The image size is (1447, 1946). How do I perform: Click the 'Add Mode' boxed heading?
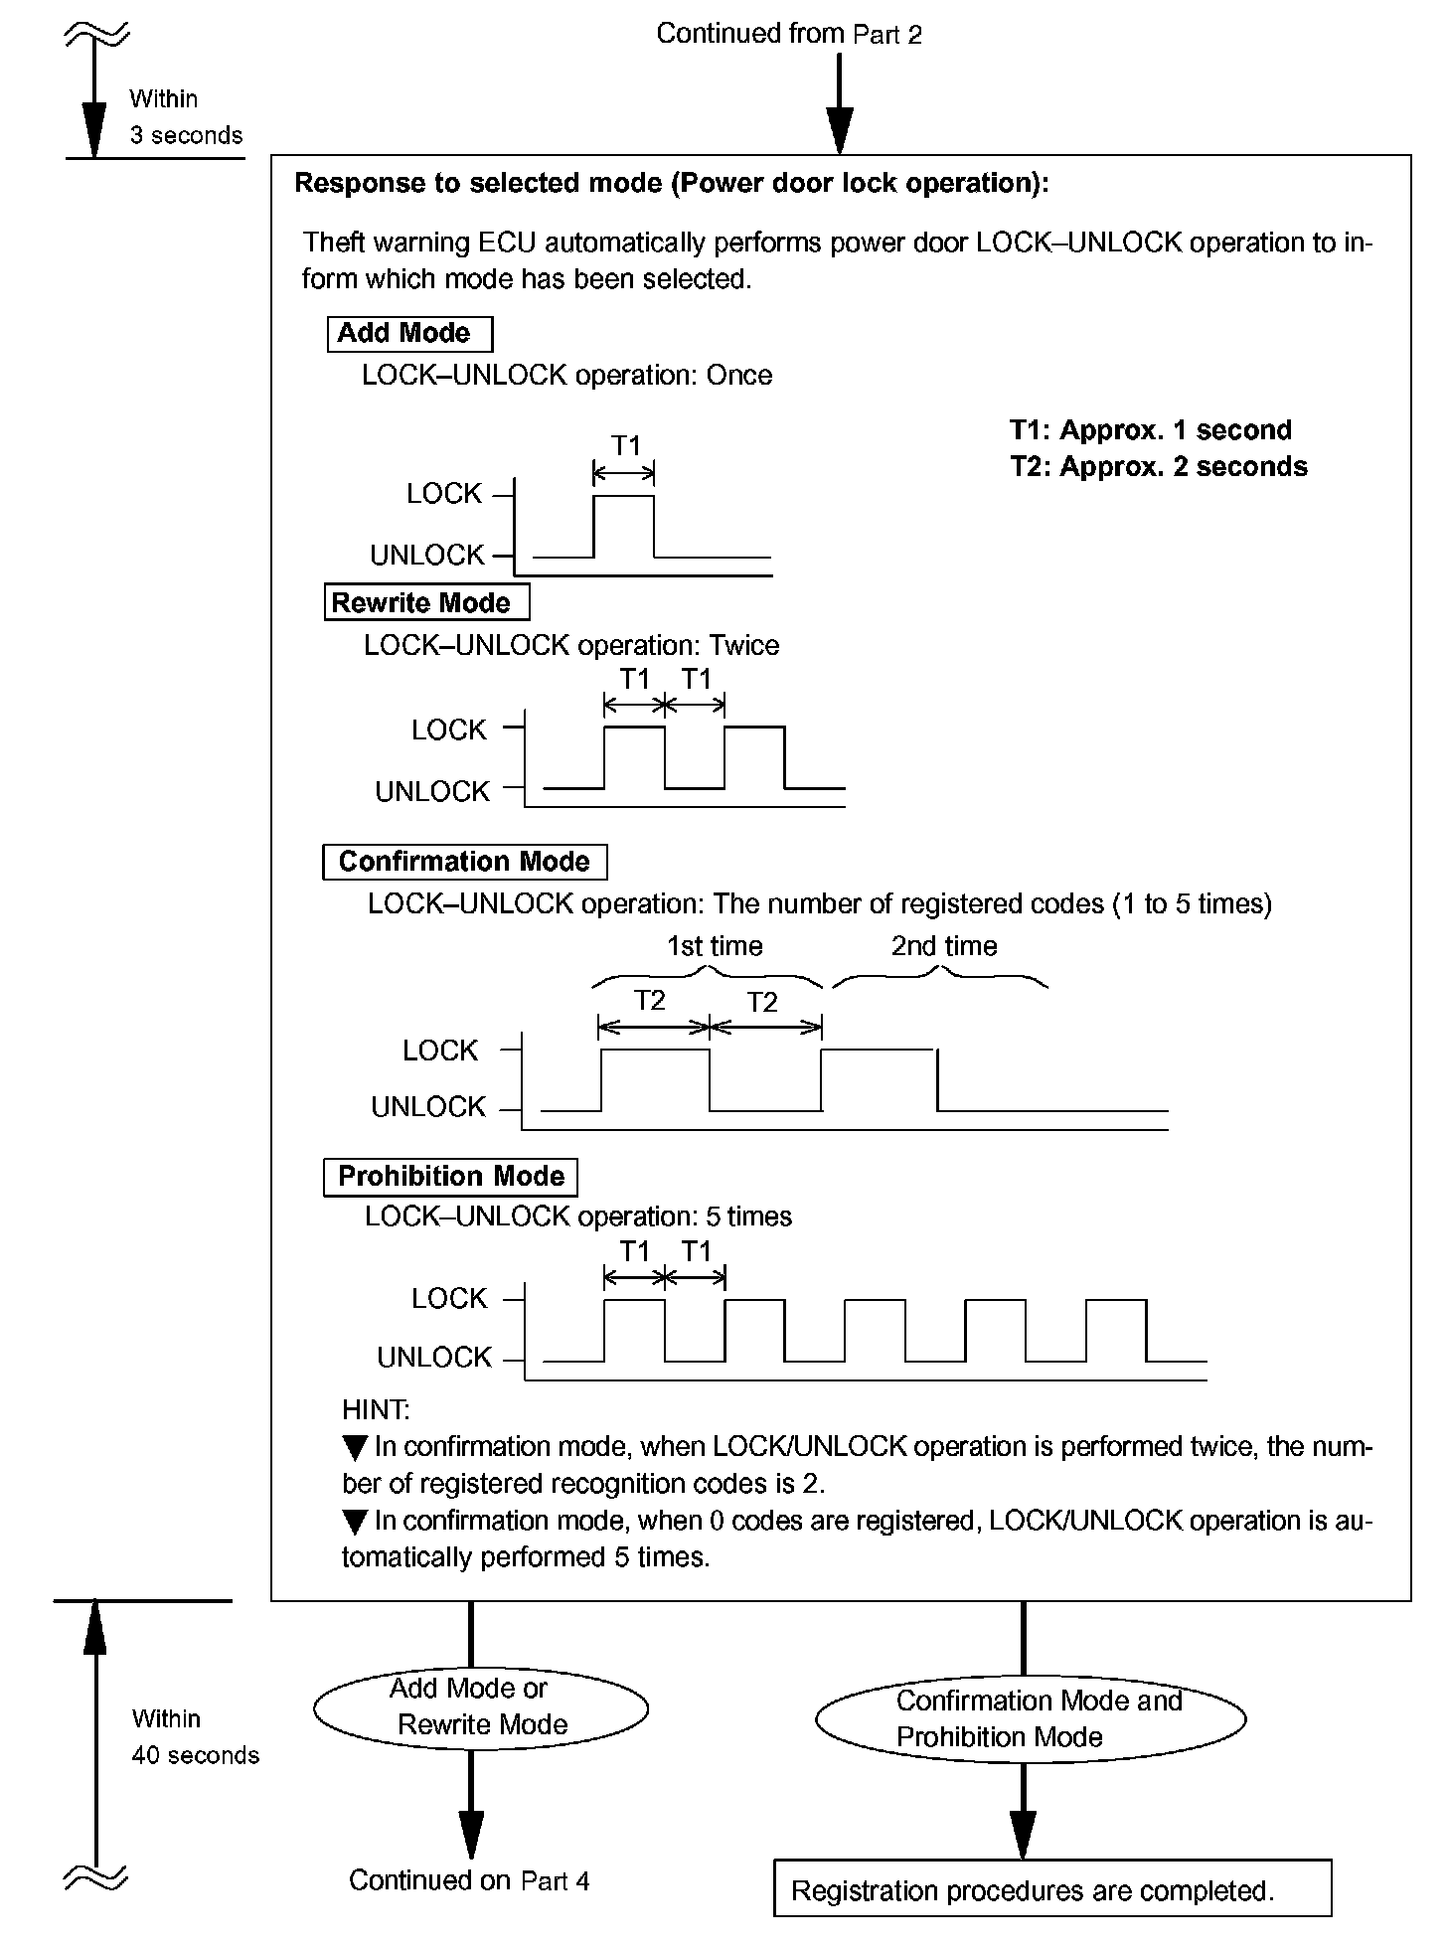click(408, 333)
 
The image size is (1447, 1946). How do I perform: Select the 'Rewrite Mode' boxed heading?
click(425, 602)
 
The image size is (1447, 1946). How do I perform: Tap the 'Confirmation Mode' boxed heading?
click(464, 862)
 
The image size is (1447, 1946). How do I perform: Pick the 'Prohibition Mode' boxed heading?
click(450, 1177)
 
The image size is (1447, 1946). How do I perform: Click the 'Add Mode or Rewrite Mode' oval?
click(481, 1706)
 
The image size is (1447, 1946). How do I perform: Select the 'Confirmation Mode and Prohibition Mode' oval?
click(1030, 1719)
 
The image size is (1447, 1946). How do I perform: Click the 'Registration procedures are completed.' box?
click(1051, 1889)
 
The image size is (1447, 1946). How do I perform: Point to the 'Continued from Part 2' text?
click(789, 34)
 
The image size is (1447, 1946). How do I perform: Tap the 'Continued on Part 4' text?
click(469, 1880)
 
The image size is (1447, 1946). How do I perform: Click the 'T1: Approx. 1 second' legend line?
click(1150, 430)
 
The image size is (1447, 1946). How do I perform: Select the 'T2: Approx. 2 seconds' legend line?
click(1158, 467)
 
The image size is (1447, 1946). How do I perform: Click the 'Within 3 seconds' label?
click(185, 117)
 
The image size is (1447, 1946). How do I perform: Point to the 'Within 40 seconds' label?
click(194, 1737)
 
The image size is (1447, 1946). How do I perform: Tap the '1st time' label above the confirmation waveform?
click(715, 946)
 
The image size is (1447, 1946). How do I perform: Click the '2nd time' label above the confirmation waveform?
click(943, 946)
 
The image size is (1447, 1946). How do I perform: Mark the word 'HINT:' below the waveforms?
click(375, 1409)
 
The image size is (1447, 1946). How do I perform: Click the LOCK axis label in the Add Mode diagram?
click(444, 494)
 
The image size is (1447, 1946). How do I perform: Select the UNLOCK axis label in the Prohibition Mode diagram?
click(434, 1358)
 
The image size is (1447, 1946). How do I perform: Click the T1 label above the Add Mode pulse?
click(625, 445)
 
